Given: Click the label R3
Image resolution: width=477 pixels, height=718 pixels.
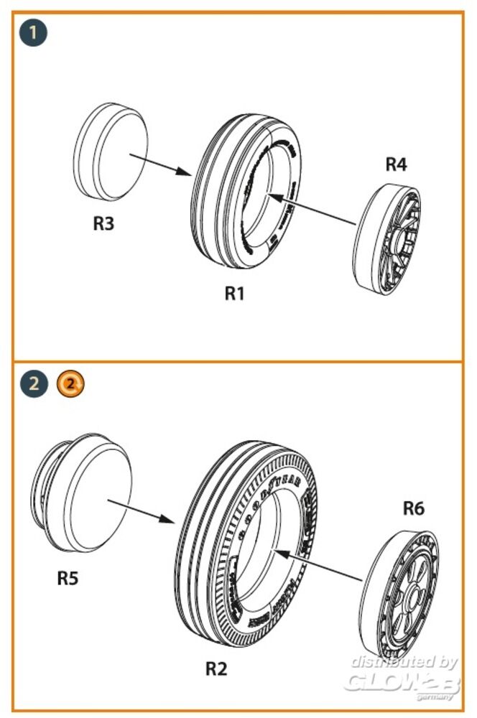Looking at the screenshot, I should pyautogui.click(x=103, y=223).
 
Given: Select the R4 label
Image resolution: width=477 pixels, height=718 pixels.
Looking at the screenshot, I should pyautogui.click(x=396, y=164).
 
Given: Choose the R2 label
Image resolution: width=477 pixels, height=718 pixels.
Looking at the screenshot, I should pyautogui.click(x=216, y=668).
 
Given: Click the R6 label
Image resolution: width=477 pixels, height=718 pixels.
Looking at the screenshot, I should pyautogui.click(x=413, y=508).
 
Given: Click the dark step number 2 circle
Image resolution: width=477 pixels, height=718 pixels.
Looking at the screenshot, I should pyautogui.click(x=32, y=383).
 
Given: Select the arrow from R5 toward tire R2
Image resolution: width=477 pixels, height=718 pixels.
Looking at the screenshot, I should pyautogui.click(x=144, y=508).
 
